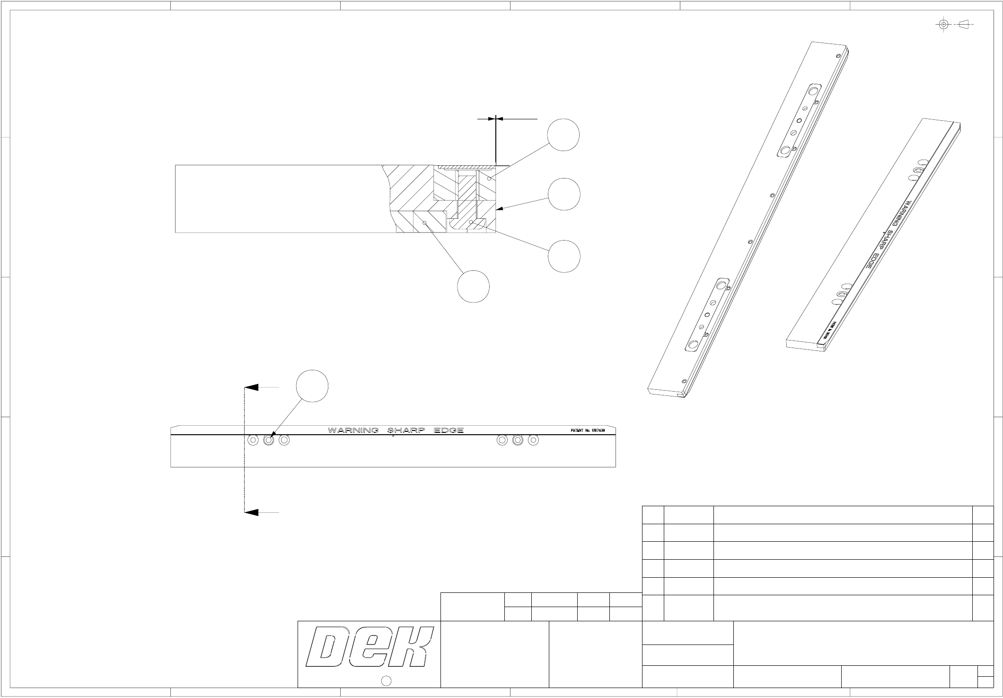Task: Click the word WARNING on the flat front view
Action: [x=353, y=430]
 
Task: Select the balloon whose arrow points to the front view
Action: [x=312, y=386]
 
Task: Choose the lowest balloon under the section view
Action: [x=473, y=286]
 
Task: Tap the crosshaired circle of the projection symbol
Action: [x=943, y=24]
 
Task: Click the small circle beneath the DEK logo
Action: [x=386, y=681]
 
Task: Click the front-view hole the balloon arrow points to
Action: [x=269, y=440]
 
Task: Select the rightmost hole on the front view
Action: [x=533, y=440]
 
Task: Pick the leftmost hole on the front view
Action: [x=253, y=440]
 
